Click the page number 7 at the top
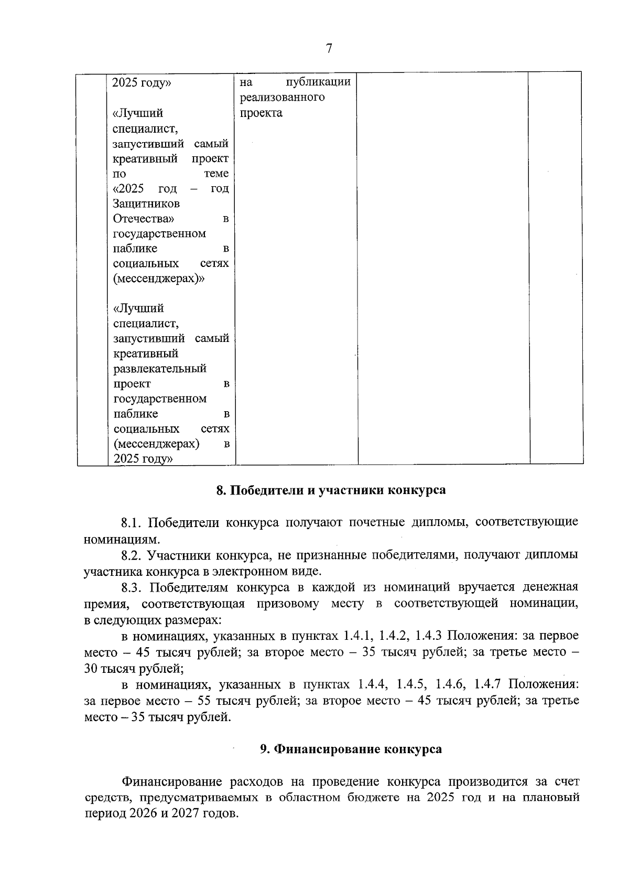tap(329, 49)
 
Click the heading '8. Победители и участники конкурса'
tap(331, 490)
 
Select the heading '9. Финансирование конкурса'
tap(351, 749)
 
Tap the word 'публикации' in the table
tap(319, 82)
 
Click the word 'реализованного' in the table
tap(282, 98)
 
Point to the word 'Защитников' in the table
tap(146, 203)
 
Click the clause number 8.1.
tap(132, 522)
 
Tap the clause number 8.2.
tap(132, 555)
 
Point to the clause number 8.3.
tap(132, 587)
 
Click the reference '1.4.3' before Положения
tap(429, 636)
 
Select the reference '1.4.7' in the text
tap(487, 684)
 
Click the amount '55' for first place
tap(204, 701)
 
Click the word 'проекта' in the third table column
tap(261, 113)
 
